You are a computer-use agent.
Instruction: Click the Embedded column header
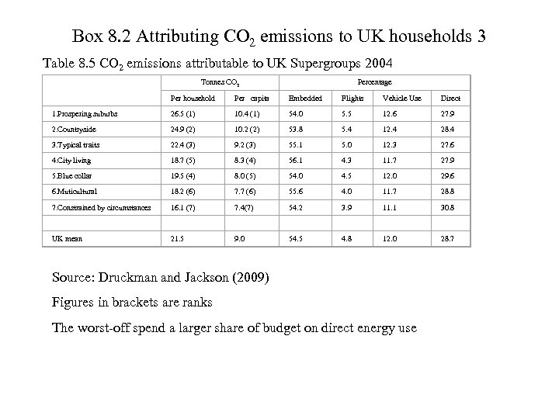pos(305,98)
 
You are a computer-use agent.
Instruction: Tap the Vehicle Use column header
pos(401,98)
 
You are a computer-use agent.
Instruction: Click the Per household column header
pos(189,98)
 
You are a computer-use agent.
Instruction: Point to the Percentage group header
pos(374,81)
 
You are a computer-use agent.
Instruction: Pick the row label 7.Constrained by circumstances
pos(96,208)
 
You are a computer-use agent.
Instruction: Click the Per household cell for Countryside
pos(185,129)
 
